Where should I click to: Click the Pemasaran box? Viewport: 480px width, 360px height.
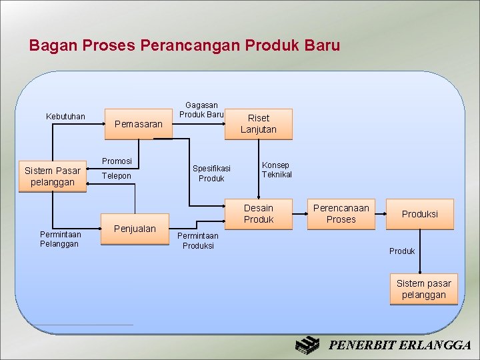[x=138, y=124]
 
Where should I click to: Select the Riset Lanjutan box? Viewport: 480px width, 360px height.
[x=258, y=123]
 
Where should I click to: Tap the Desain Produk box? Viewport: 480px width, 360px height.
[x=258, y=213]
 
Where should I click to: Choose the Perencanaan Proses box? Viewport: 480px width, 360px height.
[x=341, y=213]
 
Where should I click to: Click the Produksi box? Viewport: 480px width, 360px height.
[x=419, y=214]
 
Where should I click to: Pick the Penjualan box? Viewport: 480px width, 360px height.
[x=135, y=229]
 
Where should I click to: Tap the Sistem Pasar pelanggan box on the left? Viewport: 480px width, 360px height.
[x=52, y=176]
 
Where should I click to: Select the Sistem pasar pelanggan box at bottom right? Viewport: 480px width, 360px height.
[x=423, y=289]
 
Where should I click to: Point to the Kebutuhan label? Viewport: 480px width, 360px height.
[x=65, y=117]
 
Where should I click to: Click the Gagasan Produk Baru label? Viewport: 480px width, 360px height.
[x=201, y=110]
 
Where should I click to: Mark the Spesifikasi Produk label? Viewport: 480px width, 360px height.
[x=211, y=173]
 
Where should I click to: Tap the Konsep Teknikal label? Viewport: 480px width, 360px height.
[x=277, y=169]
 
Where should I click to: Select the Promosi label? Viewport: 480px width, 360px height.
[x=117, y=161]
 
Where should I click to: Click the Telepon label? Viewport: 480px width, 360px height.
[x=117, y=176]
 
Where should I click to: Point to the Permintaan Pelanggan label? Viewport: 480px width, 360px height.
[x=60, y=239]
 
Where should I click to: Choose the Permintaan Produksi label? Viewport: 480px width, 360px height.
[x=198, y=241]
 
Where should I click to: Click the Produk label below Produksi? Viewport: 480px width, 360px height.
[x=402, y=251]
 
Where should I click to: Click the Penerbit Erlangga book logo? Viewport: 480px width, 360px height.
[x=308, y=345]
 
